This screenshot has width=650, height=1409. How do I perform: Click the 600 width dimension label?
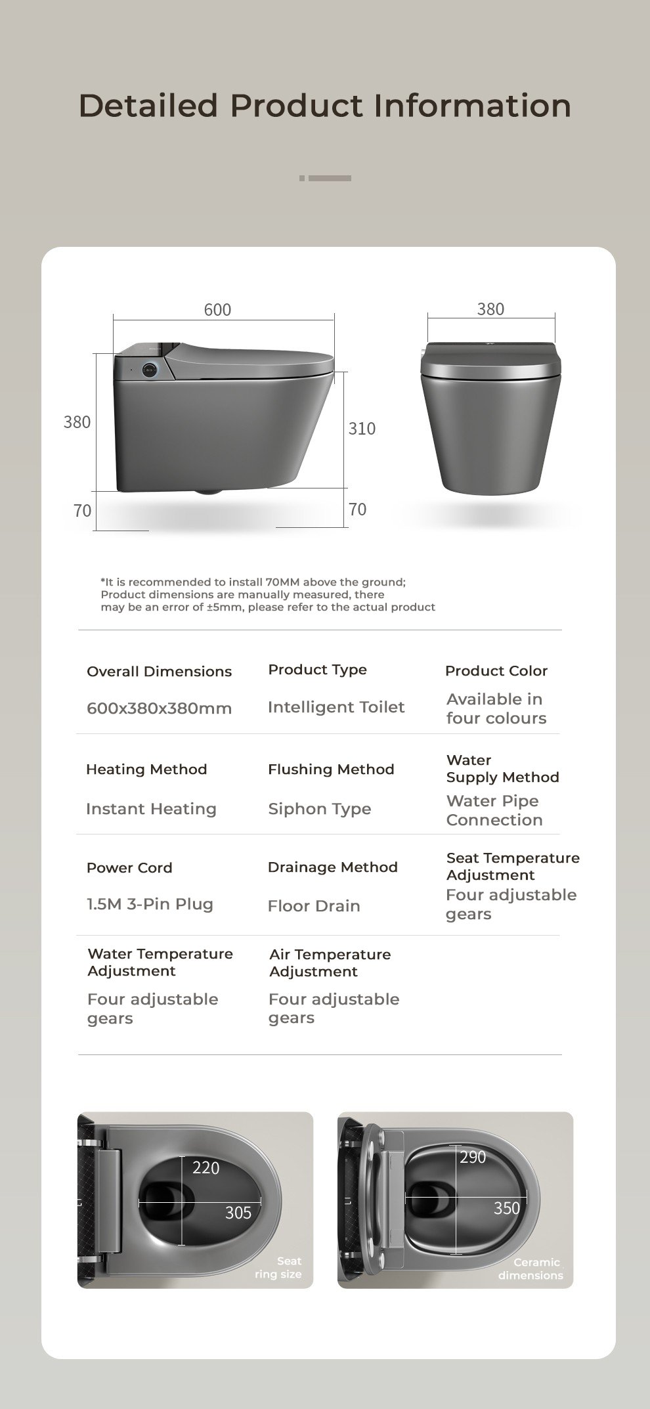217,310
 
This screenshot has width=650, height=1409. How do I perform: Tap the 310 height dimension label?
362,429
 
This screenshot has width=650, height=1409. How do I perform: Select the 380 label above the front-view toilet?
490,309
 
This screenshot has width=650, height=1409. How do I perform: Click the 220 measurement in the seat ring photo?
206,1167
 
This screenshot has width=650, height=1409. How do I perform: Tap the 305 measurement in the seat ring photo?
238,1213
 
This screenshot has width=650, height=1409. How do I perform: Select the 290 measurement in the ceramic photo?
473,1157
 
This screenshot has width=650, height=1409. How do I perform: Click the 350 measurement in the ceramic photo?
506,1208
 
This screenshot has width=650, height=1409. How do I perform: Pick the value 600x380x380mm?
159,708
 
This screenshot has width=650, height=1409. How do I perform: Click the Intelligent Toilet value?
336,707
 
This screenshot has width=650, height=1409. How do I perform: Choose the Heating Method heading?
146,770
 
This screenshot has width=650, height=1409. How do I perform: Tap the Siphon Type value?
319,809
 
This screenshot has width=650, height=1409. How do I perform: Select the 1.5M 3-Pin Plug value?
150,904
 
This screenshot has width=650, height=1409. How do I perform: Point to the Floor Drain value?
314,906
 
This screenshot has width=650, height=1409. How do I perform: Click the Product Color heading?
496,671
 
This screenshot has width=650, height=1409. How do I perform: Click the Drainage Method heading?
332,867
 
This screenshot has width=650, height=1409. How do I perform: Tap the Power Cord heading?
129,868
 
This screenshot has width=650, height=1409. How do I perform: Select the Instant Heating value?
151,809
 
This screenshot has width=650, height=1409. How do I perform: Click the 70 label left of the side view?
82,511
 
